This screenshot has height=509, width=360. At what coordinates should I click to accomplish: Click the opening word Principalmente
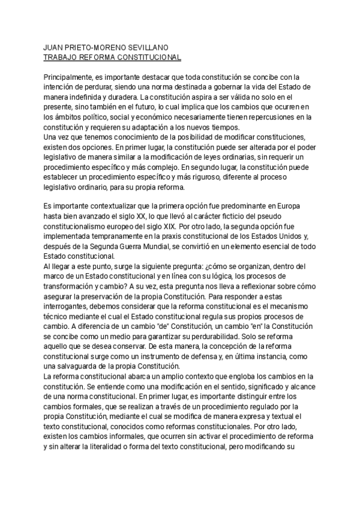(73, 77)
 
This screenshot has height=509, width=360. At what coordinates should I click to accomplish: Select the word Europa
(296, 206)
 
